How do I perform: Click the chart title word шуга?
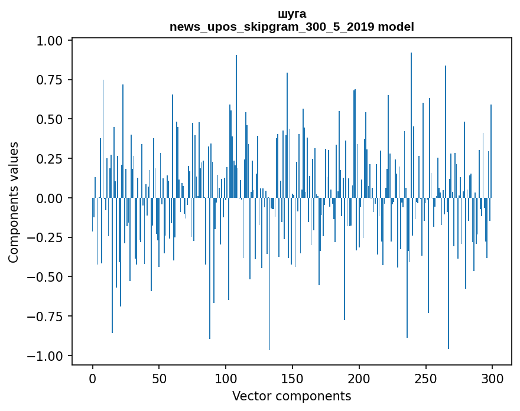pos(292,14)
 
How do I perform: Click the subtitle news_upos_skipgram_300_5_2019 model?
pos(292,27)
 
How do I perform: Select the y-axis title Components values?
pos(14,202)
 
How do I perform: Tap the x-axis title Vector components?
pos(292,396)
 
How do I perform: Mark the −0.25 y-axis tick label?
pos(47,237)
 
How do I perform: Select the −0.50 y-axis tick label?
pos(47,277)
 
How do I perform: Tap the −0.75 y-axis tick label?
pos(47,317)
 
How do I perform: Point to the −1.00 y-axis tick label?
pos(47,355)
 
